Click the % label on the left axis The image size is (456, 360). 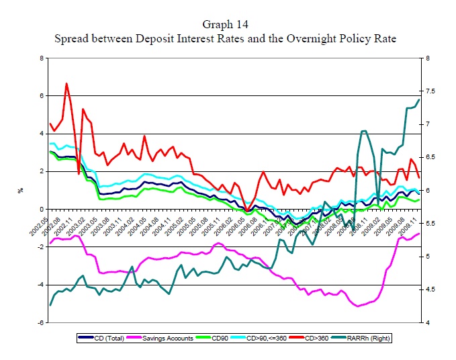click(x=21, y=191)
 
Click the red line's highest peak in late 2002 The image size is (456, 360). click(x=66, y=84)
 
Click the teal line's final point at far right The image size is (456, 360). click(x=419, y=99)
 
